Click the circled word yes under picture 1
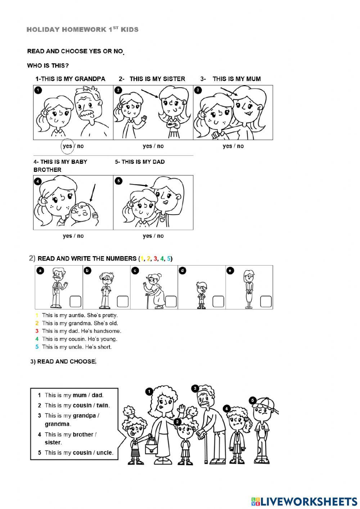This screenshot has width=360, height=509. (x=67, y=146)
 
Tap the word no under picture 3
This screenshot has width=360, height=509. (x=240, y=146)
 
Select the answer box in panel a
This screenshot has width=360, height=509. (x=75, y=302)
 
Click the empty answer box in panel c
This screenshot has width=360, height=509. (x=171, y=302)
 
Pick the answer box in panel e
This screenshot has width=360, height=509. (x=266, y=302)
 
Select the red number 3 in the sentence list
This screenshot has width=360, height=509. (x=37, y=331)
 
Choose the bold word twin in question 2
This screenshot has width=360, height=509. (x=102, y=405)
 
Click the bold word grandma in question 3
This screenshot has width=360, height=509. (x=57, y=424)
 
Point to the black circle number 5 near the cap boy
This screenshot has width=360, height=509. (x=253, y=400)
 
